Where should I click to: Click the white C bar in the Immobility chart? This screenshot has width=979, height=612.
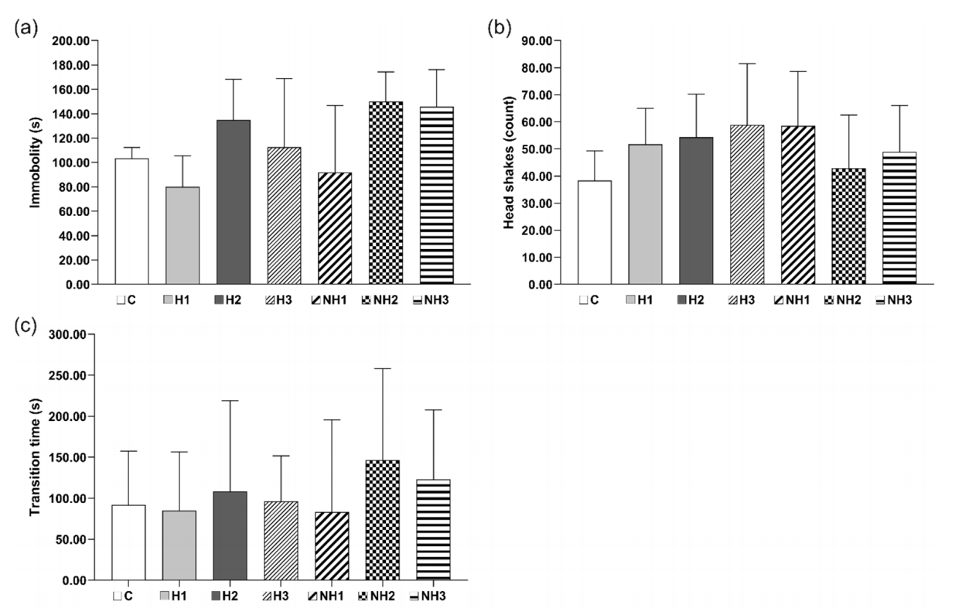click(x=131, y=221)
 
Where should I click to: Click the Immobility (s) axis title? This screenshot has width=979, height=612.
click(x=35, y=162)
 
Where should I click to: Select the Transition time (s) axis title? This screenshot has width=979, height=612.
click(x=35, y=456)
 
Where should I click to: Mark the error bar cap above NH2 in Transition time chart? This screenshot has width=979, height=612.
click(x=382, y=368)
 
